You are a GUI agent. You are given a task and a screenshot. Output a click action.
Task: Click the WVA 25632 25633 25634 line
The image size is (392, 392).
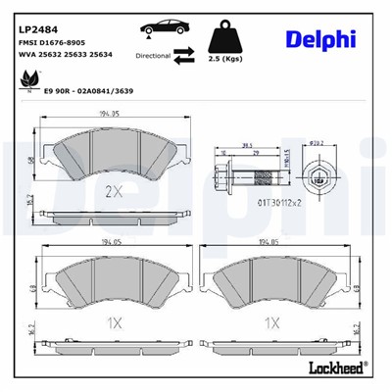pyautogui.click(x=64, y=56)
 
